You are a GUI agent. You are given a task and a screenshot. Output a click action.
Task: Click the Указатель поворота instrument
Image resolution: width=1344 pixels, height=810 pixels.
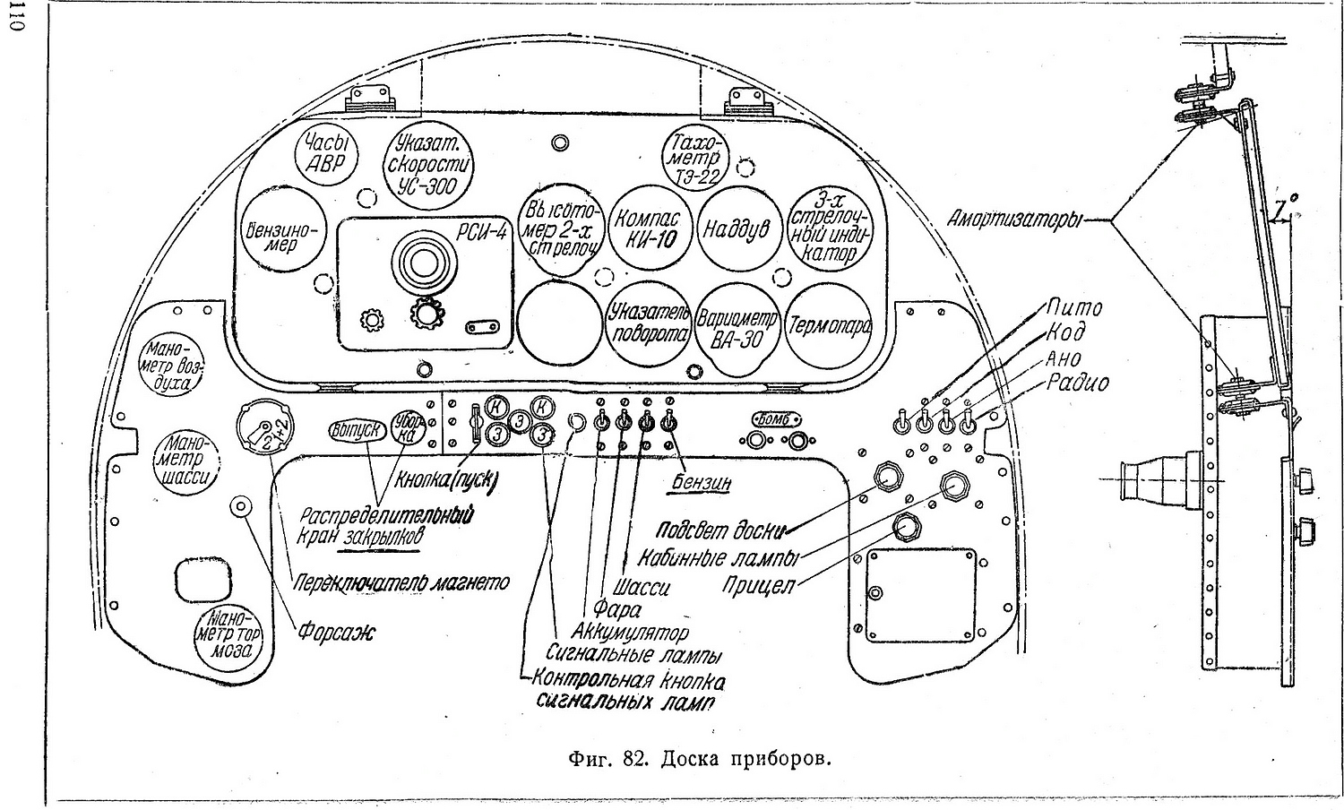pos(648,323)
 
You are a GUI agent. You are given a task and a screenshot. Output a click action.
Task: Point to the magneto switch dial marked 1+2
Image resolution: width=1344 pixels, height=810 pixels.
pos(267,432)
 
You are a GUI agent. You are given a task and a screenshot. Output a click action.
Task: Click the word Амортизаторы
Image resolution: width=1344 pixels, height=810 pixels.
pos(1015,220)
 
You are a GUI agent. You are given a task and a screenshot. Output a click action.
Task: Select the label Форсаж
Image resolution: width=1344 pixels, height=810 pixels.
pos(337,633)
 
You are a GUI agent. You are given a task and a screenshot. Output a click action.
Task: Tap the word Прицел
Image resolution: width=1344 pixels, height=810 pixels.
pos(759,586)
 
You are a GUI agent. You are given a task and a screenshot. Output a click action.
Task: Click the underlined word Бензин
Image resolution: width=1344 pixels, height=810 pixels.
pos(703,483)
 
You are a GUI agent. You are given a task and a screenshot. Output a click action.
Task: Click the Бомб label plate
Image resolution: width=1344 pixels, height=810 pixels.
pos(777,418)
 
